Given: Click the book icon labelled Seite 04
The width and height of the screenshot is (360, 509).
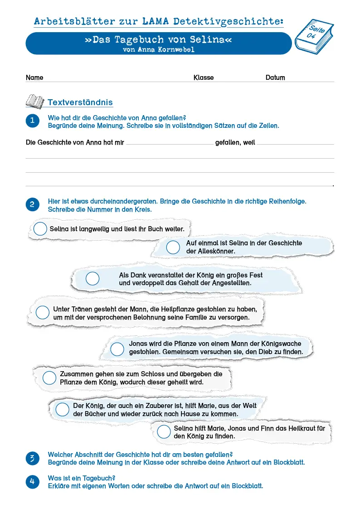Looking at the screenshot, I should pos(314,36).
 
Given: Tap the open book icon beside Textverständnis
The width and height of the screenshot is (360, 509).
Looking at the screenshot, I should pos(35,102).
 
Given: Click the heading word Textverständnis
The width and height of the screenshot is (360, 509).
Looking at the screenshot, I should pos(80,102).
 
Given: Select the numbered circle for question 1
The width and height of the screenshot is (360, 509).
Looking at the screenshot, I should pos(32,121).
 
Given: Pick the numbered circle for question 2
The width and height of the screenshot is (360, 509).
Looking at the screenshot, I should pos(32,204).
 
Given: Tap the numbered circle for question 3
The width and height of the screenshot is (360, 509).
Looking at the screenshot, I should pos(32,458).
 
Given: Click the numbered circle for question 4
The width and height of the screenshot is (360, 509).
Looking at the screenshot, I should pos(32,481).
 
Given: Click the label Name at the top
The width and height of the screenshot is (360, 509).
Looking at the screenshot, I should pos(34,78).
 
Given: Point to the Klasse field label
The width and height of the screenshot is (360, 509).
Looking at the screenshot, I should pos(204,78).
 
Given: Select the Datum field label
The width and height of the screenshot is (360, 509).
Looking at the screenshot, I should pos(275,78).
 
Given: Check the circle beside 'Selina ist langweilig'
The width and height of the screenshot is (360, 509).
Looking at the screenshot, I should pos(40,229).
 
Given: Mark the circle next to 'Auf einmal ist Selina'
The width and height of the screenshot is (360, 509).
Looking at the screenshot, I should pos(173,247).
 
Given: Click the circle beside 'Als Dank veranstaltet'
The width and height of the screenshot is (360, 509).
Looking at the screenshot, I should pos(92,279).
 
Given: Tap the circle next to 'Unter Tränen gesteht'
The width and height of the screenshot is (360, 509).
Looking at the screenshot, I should pos(43,312).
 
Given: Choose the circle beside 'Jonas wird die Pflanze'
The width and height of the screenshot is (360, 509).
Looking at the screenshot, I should pos(117,349).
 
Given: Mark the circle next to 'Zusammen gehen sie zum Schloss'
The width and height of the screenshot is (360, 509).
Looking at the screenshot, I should pos(49,378).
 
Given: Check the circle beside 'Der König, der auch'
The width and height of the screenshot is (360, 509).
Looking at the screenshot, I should pos(62,409).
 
